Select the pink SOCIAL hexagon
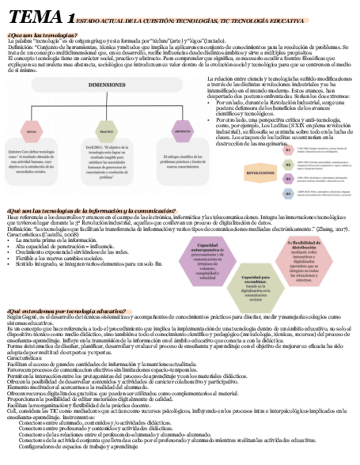(32, 132)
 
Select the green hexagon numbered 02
(288, 164)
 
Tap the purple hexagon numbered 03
(288, 179)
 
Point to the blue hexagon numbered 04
(288, 193)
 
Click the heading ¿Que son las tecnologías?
(43, 35)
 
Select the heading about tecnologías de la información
(91, 211)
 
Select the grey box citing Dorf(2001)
(105, 162)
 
